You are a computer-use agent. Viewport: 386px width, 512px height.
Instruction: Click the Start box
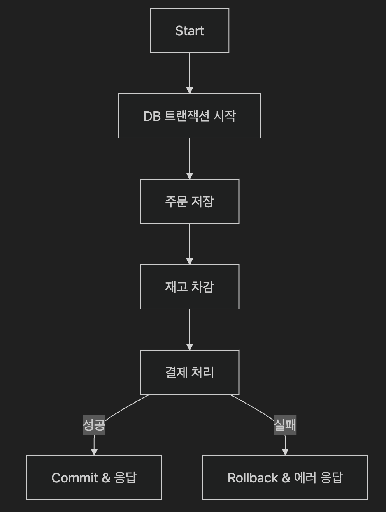click(189, 31)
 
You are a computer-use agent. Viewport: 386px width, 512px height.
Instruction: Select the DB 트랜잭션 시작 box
click(189, 116)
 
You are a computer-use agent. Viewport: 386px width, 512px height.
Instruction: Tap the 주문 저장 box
click(189, 201)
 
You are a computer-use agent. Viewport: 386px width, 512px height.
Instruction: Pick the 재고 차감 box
click(189, 287)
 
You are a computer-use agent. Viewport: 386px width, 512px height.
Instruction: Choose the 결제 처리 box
click(189, 372)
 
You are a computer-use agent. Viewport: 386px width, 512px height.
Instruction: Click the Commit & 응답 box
click(94, 477)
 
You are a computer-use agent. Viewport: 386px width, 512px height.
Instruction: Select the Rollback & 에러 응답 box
click(285, 477)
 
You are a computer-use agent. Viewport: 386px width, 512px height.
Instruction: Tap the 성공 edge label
click(94, 425)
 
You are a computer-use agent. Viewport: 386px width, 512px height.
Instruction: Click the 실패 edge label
click(285, 425)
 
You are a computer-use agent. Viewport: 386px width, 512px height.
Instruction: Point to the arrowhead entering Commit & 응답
click(94, 452)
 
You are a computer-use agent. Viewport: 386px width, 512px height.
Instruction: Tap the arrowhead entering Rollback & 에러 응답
click(285, 452)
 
